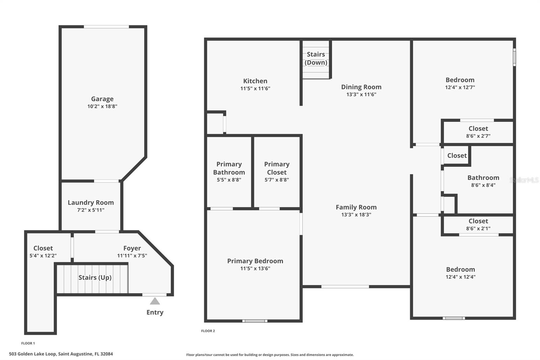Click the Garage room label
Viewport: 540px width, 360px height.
click(x=102, y=99)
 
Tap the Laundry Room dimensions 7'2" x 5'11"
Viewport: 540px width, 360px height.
click(x=91, y=210)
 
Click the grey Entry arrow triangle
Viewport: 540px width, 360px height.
click(x=155, y=301)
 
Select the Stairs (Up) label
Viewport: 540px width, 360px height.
click(x=95, y=278)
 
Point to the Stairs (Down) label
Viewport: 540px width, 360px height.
click(x=316, y=58)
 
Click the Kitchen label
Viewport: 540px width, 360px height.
click(x=255, y=81)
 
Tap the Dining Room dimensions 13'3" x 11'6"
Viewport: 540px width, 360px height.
click(x=361, y=95)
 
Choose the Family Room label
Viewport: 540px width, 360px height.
click(x=356, y=207)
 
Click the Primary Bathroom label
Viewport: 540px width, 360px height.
click(x=229, y=168)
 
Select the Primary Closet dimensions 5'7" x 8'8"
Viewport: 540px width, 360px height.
click(x=277, y=180)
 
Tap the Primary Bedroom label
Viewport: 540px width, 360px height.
click(x=255, y=261)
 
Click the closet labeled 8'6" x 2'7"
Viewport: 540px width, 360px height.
click(x=478, y=132)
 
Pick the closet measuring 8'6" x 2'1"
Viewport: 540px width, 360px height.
click(x=478, y=225)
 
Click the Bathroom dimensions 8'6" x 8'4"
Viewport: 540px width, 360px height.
click(x=483, y=185)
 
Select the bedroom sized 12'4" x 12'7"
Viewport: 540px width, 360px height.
click(x=460, y=83)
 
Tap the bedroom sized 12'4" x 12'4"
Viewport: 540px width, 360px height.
click(x=460, y=273)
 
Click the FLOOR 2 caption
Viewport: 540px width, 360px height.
click(x=208, y=331)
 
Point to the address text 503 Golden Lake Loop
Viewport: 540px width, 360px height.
click(x=61, y=354)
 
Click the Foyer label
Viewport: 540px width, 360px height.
click(x=132, y=248)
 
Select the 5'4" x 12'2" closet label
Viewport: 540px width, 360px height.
click(x=43, y=252)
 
